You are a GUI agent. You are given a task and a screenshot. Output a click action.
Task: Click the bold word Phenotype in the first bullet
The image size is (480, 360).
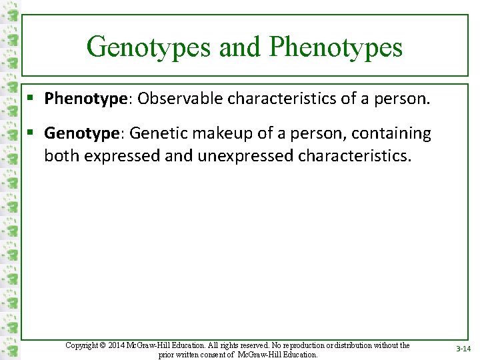pyautogui.click(x=85, y=99)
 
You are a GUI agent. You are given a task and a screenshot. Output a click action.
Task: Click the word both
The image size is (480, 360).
pyautogui.click(x=59, y=156)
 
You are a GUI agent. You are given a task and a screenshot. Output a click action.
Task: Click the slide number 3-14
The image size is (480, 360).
pyautogui.click(x=463, y=349)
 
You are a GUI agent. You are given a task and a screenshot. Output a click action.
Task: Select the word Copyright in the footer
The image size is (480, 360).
pyautogui.click(x=82, y=345)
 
